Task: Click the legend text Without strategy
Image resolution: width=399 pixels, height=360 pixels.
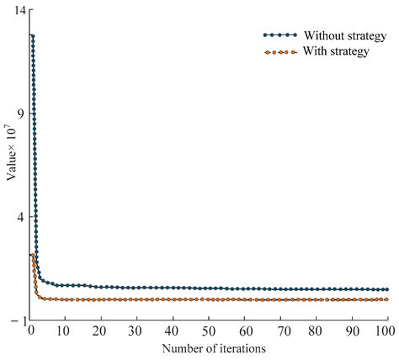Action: [x=345, y=35]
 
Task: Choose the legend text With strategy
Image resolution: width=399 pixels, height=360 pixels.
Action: [x=337, y=51]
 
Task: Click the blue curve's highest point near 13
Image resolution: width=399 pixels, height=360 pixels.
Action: [x=32, y=36]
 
